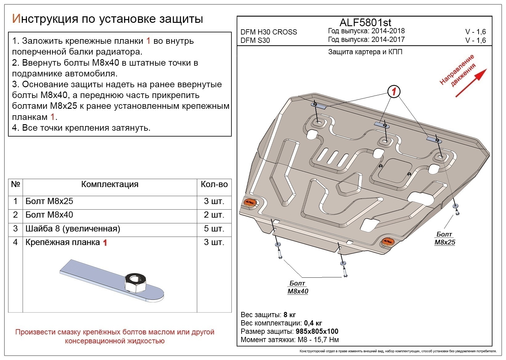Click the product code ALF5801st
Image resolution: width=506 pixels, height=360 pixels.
365,22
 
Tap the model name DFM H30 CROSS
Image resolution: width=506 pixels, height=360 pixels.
269,32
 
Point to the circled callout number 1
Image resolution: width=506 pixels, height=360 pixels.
394,92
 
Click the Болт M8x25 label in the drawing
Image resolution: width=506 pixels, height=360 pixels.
445,239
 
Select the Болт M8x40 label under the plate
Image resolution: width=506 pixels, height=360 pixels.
298,287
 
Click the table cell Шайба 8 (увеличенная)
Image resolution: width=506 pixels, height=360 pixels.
73,229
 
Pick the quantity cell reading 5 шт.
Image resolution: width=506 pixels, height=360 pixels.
214,229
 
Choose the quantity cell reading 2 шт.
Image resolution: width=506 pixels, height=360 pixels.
214,215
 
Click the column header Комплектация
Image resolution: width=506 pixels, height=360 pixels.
110,184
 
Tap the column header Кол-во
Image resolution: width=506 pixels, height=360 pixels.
214,184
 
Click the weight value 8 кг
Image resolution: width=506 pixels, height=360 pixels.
289,315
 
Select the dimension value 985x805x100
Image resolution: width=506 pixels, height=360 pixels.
317,331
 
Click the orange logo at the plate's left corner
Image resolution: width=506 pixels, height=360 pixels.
249,202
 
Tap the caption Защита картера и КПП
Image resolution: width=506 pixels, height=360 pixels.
365,52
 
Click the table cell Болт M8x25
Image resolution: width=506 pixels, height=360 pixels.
49,201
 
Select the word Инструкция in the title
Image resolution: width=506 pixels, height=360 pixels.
44,19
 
